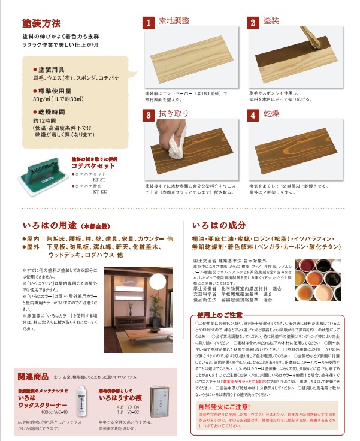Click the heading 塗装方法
click(x=41, y=24)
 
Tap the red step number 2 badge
click(x=253, y=23)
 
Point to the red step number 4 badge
click(x=253, y=115)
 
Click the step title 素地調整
click(x=174, y=22)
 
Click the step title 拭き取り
click(x=173, y=114)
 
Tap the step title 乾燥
click(x=271, y=114)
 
